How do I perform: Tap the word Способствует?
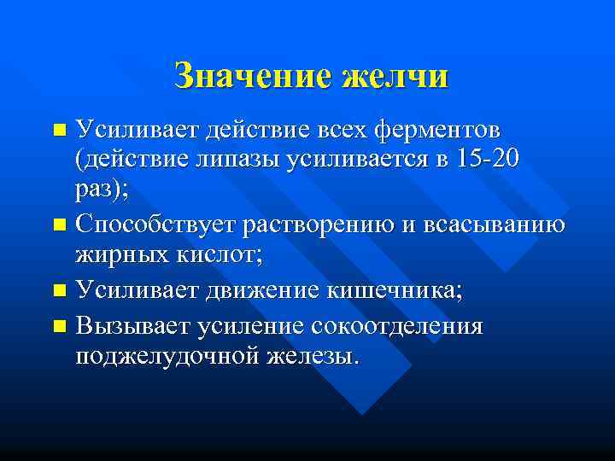click(155, 225)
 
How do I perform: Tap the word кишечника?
click(392, 290)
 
